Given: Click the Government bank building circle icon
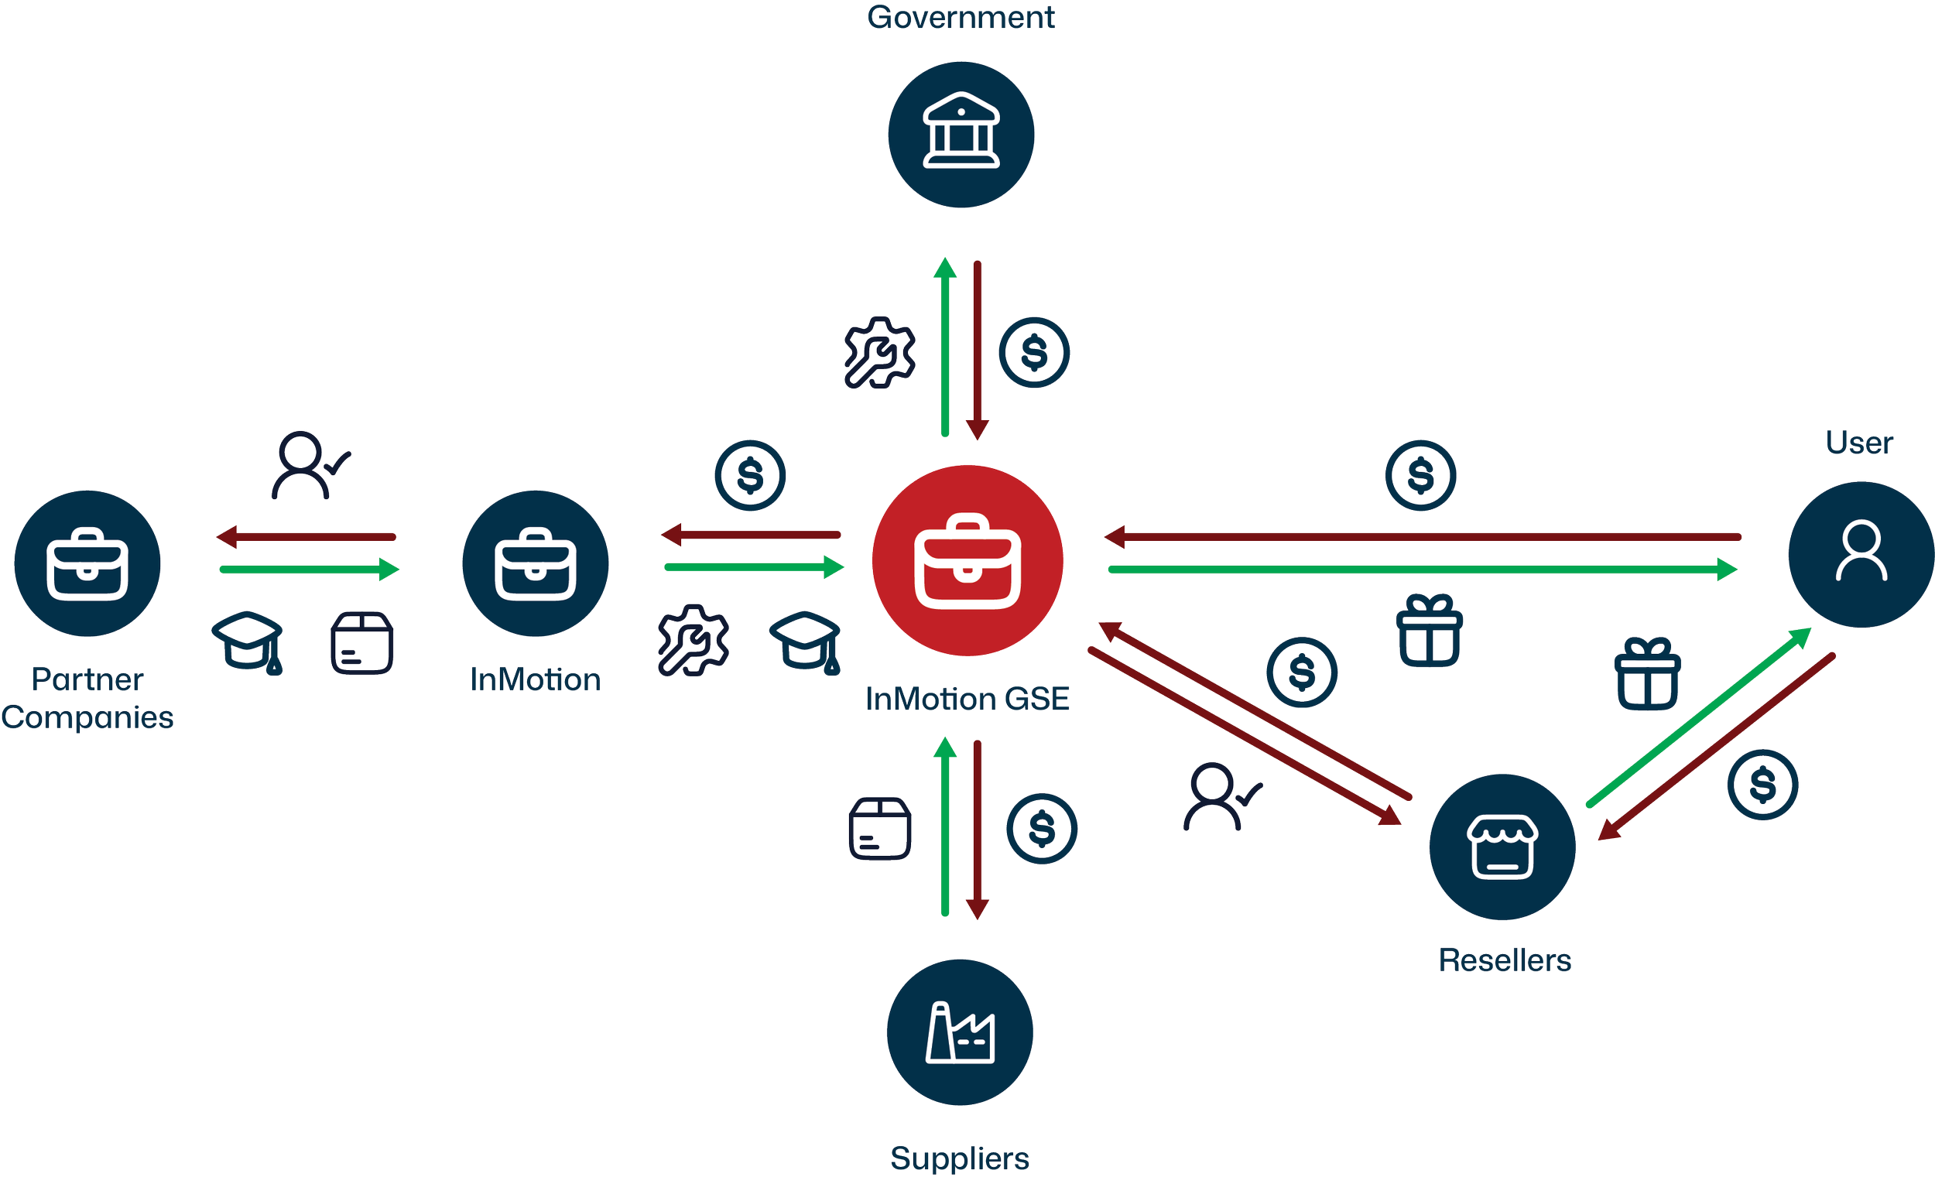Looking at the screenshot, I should tap(961, 135).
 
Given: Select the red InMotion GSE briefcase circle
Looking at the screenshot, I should tap(967, 560).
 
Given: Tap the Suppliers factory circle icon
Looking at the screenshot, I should tap(960, 1032).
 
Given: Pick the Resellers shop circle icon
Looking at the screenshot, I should tap(1502, 847).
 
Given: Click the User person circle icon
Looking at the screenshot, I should tap(1861, 554).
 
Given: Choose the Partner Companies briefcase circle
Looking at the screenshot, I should tap(87, 564).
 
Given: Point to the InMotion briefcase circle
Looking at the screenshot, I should tap(535, 564).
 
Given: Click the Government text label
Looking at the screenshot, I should tap(961, 17).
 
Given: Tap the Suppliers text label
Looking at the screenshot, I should tap(960, 1159).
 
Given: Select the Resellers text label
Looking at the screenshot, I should tap(1505, 960).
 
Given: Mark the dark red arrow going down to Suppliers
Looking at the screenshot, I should tap(977, 828).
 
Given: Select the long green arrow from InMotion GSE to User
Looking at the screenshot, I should tap(1421, 570).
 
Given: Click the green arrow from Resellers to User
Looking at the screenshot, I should tap(1697, 718).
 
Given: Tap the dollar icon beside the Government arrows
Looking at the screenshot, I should tap(1033, 353).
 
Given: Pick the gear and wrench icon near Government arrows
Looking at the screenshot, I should tap(878, 353).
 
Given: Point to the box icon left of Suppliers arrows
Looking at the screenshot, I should tap(880, 829).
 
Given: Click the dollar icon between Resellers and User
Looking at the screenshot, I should tap(1763, 785).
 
